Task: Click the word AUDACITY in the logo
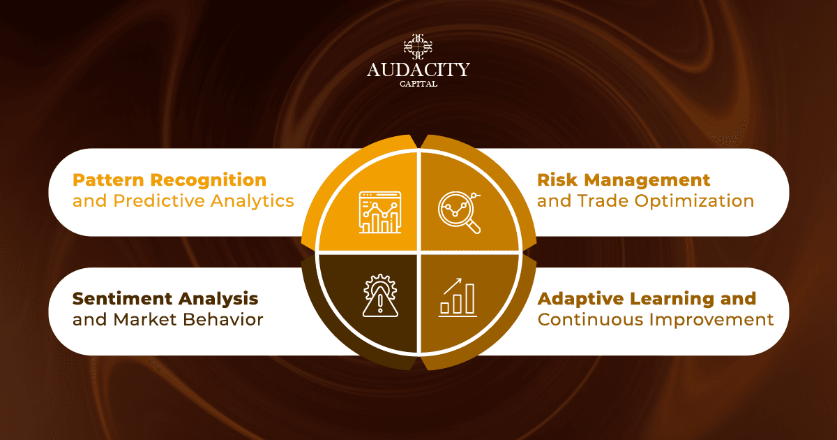[x=418, y=70]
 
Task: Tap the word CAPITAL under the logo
[x=418, y=85]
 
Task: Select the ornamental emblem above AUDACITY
[x=418, y=47]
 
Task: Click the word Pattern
[x=108, y=180]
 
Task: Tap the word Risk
[x=557, y=180]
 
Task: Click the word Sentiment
[x=122, y=299]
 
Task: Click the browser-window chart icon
[x=380, y=212]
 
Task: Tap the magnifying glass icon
[x=460, y=212]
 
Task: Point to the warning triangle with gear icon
[x=380, y=295]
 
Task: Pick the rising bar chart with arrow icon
[x=458, y=298]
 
